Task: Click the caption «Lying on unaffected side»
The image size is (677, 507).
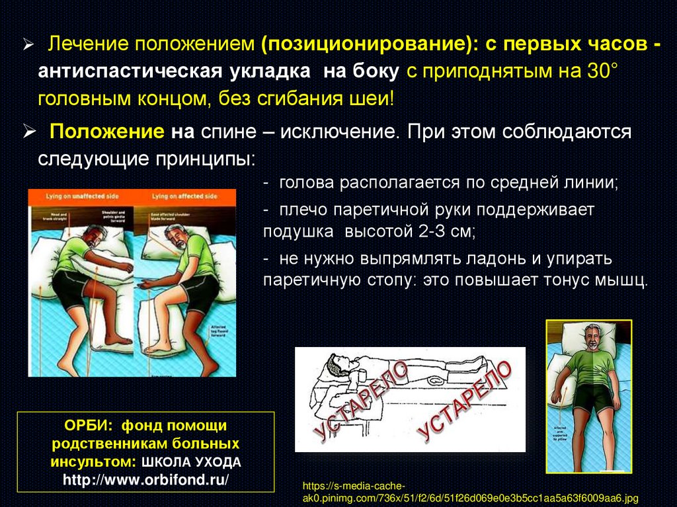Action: click(81, 197)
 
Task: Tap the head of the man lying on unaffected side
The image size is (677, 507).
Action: click(94, 235)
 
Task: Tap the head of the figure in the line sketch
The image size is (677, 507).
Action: click(333, 364)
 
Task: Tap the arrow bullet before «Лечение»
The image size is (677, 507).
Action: click(29, 45)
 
